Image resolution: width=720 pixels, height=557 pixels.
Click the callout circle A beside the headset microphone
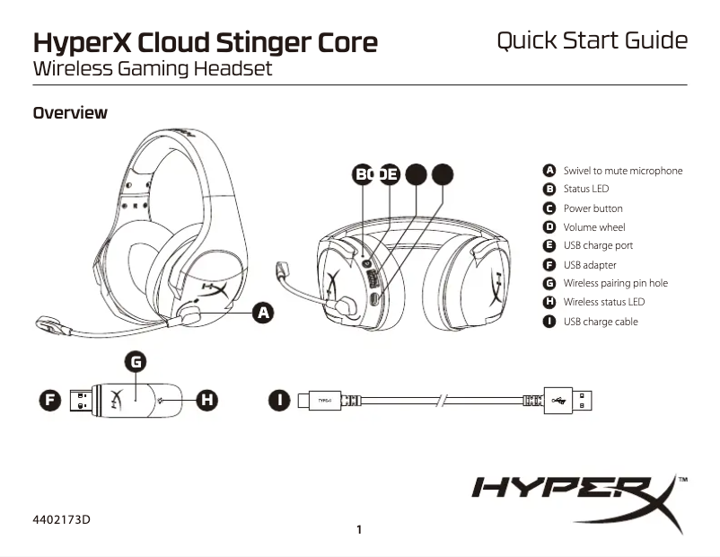tap(262, 313)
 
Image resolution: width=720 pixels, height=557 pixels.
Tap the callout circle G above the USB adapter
tap(135, 361)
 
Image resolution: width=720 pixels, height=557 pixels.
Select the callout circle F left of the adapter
tap(49, 398)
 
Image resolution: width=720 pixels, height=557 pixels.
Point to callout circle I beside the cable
tap(281, 398)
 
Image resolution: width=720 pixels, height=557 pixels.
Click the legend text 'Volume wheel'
tap(593, 227)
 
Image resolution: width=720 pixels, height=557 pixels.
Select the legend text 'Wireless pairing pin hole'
tap(615, 283)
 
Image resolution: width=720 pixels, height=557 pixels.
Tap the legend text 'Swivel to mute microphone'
tap(622, 171)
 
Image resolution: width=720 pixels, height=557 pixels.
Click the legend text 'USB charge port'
tap(598, 245)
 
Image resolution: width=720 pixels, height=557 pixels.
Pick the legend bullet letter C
tap(549, 208)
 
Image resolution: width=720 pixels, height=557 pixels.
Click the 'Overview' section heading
tap(70, 113)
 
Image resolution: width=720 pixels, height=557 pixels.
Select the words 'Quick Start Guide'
tap(592, 40)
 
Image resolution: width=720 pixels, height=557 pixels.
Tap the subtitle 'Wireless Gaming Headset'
tap(152, 68)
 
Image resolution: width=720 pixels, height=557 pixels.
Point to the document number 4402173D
tap(62, 519)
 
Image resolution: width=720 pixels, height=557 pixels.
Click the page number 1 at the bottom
tap(359, 529)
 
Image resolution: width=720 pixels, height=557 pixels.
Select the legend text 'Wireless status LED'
tap(603, 302)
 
